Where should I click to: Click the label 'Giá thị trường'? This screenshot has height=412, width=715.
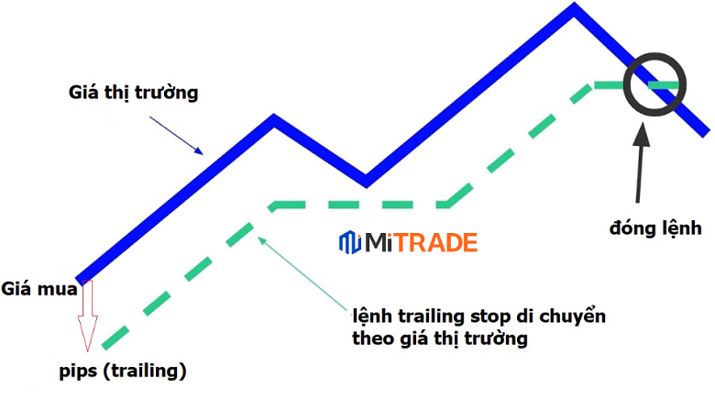coord(133,93)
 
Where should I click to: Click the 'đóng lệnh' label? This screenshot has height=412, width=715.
coord(656,227)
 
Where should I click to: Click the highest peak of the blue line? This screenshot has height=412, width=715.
coord(575,11)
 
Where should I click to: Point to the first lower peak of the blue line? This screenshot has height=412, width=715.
coord(272,120)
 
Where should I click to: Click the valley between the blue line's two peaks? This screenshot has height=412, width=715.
coord(365,178)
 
